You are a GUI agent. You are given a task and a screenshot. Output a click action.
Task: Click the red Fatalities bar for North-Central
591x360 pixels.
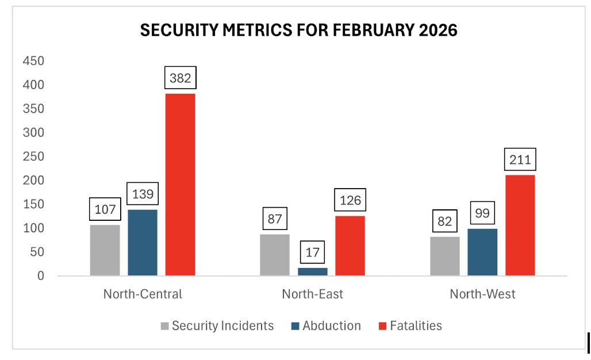(x=180, y=184)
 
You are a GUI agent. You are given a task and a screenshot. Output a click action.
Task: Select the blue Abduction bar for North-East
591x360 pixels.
(x=312, y=271)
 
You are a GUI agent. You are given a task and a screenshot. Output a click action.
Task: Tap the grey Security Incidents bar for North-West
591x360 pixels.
(x=444, y=256)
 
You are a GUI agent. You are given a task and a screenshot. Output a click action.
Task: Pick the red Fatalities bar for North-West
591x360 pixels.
(x=520, y=225)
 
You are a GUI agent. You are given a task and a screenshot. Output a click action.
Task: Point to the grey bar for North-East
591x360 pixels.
(x=275, y=255)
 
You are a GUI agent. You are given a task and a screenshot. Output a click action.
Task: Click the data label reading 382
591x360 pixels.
(x=180, y=77)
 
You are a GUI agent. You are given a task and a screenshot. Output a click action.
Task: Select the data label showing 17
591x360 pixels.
(x=312, y=251)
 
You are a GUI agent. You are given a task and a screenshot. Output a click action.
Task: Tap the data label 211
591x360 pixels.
(x=520, y=159)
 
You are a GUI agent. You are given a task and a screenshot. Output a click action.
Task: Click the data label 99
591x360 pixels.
(x=482, y=213)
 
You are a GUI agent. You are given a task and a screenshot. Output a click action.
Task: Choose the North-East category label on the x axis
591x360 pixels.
(x=312, y=294)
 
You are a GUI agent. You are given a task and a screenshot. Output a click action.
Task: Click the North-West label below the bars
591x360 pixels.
(x=482, y=294)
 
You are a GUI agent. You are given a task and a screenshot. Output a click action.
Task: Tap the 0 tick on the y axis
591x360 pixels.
(x=40, y=276)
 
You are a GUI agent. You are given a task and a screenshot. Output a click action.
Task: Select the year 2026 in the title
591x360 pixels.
(x=435, y=30)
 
